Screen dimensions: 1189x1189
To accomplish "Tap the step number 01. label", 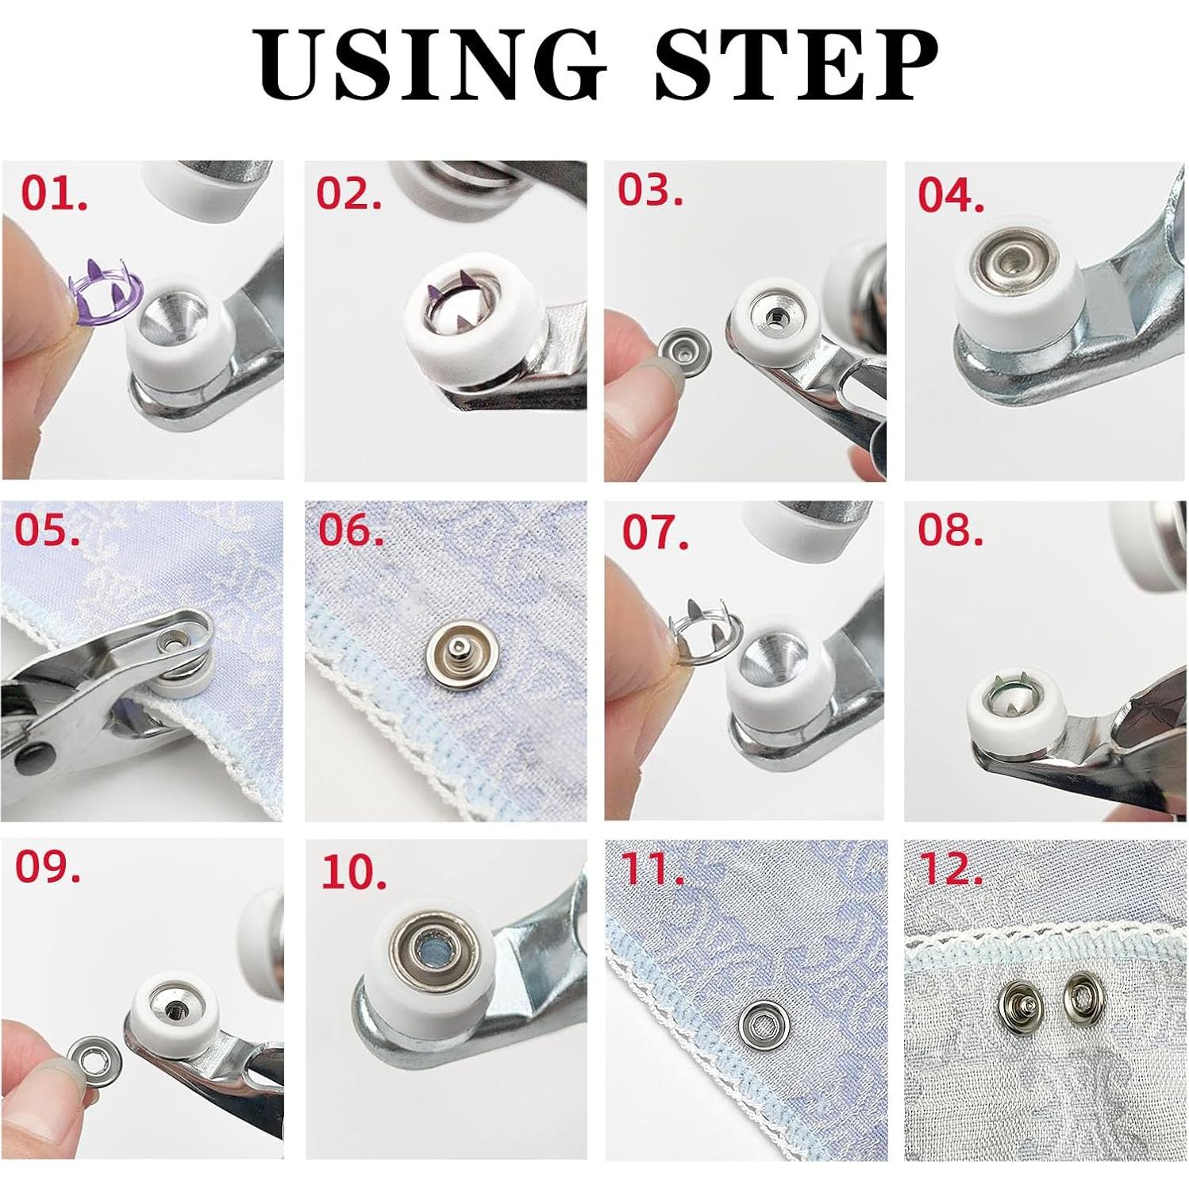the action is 54,194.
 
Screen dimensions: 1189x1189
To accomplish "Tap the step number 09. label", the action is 48,868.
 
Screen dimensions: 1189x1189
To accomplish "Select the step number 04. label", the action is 952,196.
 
